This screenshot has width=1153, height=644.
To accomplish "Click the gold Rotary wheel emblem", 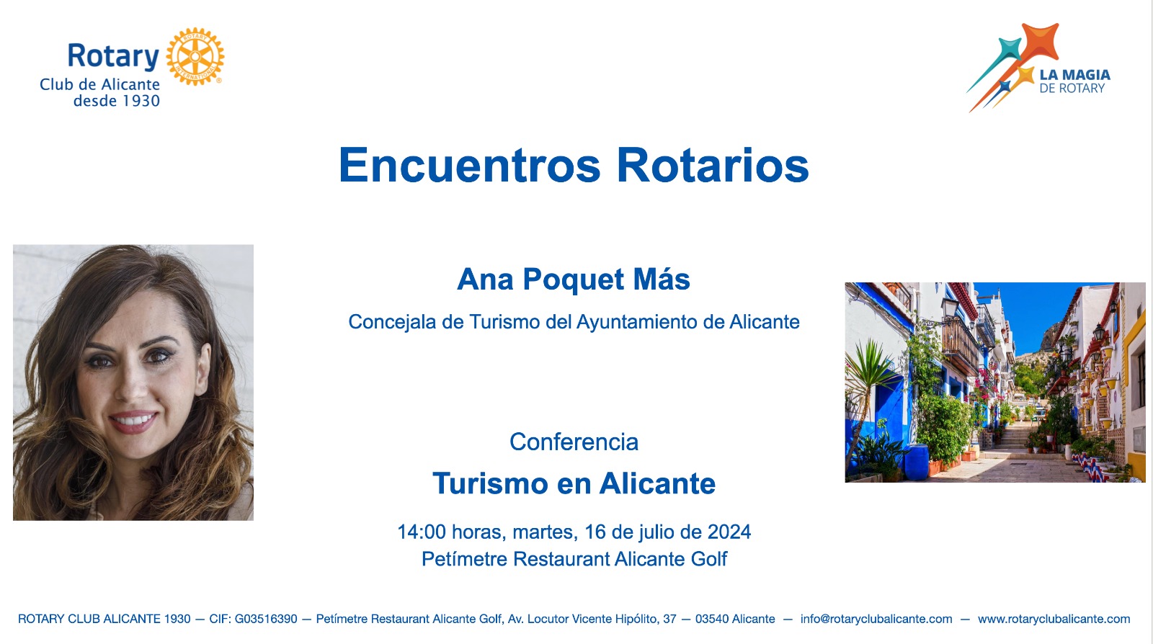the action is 195,57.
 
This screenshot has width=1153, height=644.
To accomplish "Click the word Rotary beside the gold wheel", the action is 113,56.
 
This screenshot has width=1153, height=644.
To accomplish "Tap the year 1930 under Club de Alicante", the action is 138,101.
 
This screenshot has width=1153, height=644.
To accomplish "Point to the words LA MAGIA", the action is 1074,75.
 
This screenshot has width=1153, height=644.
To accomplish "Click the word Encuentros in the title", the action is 469,165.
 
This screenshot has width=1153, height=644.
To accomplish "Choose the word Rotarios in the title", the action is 713,165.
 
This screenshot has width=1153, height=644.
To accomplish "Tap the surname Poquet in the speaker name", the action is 574,279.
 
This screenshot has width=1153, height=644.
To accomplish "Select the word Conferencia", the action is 574,442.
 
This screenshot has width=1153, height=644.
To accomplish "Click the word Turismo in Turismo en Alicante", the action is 490,483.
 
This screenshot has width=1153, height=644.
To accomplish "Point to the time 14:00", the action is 422,532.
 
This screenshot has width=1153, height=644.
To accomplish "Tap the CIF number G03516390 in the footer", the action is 266,619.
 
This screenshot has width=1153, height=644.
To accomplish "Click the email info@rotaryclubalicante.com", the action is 876,619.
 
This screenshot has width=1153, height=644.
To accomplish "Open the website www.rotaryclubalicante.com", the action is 1054,619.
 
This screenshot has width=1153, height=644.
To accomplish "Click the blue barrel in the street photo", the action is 917,462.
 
